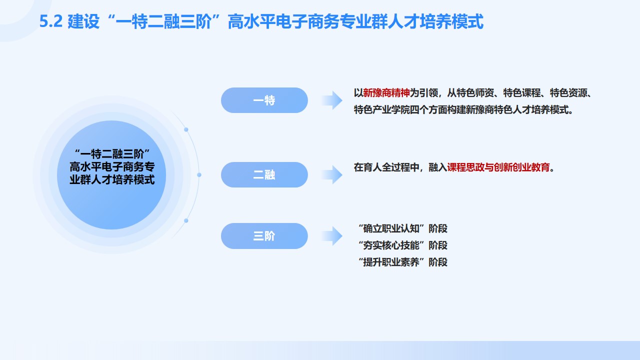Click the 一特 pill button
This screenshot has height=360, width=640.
pyautogui.click(x=264, y=100)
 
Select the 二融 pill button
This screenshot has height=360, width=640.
pyautogui.click(x=264, y=175)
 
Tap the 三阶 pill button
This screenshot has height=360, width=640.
pyautogui.click(x=264, y=236)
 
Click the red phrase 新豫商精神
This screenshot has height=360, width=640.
pyautogui.click(x=386, y=93)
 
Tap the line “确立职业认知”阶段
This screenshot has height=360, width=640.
pyautogui.click(x=403, y=228)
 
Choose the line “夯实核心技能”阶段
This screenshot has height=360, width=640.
pyautogui.click(x=403, y=245)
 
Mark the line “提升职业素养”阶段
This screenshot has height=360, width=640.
pyautogui.click(x=403, y=261)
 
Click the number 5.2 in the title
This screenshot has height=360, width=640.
pyautogui.click(x=50, y=22)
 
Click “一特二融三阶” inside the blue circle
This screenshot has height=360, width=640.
pyautogui.click(x=112, y=153)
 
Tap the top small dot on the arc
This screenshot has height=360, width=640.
pyautogui.click(x=186, y=129)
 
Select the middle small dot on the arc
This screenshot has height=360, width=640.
pyautogui.click(x=199, y=175)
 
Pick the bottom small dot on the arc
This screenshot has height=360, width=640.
pyautogui.click(x=186, y=220)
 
